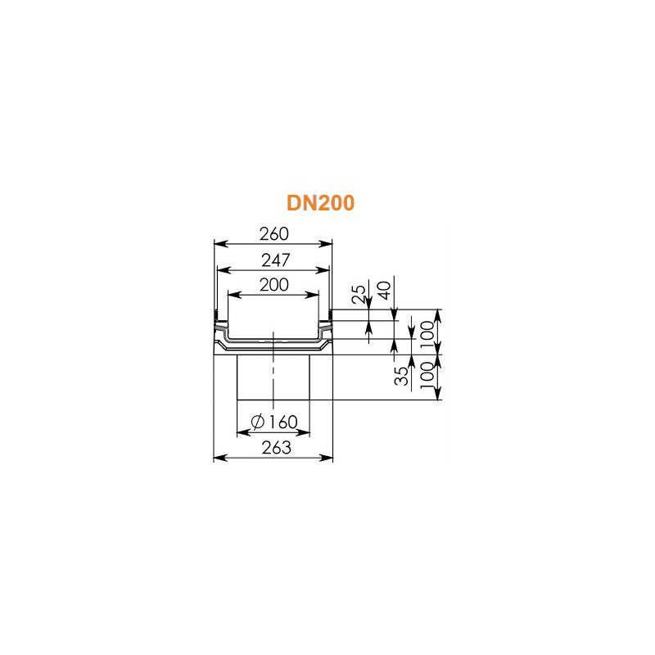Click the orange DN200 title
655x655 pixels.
pyautogui.click(x=320, y=203)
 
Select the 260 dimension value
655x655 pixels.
pyautogui.click(x=274, y=234)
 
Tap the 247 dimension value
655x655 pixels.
pyautogui.click(x=276, y=260)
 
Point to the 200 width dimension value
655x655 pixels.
pyautogui.click(x=274, y=285)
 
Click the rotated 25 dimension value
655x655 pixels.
pyautogui.click(x=359, y=294)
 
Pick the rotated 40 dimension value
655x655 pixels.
pyautogui.click(x=384, y=291)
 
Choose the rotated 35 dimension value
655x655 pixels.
pyautogui.click(x=401, y=376)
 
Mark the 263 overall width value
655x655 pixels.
pyautogui.click(x=276, y=448)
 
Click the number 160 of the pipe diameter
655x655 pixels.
pyautogui.click(x=282, y=422)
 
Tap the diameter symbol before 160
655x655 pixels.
pyautogui.click(x=258, y=422)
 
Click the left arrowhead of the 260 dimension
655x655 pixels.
pyautogui.click(x=220, y=244)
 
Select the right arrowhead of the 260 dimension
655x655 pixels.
pyautogui.click(x=326, y=244)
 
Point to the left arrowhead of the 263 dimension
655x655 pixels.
pyautogui.click(x=219, y=458)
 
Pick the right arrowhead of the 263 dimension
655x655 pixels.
pyautogui.click(x=327, y=458)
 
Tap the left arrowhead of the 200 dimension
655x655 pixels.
pyautogui.click(x=234, y=295)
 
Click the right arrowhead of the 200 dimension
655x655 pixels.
pyautogui.click(x=313, y=295)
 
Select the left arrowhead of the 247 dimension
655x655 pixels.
pyautogui.click(x=224, y=270)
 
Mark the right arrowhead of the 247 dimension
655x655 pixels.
pyautogui.click(x=323, y=270)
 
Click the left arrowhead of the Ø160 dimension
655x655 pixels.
pyautogui.click(x=243, y=433)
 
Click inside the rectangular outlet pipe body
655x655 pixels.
pyautogui.click(x=255, y=377)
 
